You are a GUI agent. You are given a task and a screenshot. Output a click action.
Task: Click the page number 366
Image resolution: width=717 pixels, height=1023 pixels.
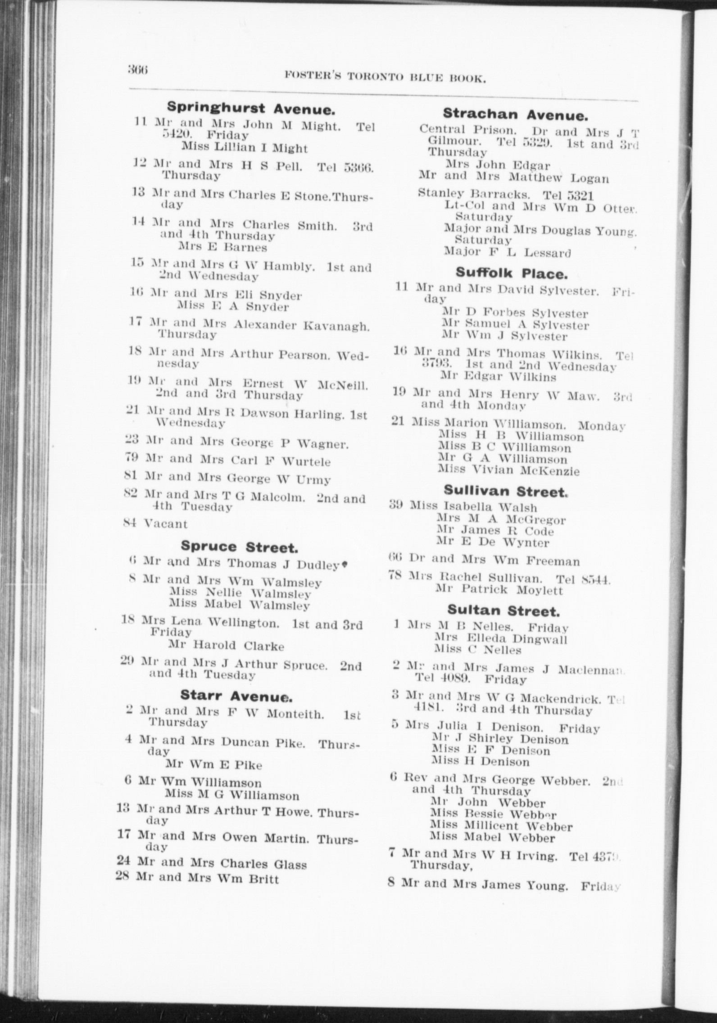pos(138,70)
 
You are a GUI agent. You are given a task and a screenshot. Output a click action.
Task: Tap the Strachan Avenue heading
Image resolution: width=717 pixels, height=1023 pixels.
pos(515,114)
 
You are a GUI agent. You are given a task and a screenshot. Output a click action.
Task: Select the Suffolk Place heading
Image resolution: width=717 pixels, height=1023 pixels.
pos(511,273)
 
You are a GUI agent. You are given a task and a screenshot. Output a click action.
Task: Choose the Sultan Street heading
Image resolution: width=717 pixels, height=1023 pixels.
pos(504,611)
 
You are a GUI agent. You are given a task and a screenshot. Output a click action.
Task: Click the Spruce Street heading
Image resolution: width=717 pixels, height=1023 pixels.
pos(239,547)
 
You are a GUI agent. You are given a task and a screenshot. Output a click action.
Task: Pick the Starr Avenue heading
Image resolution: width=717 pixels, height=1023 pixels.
pos(237,696)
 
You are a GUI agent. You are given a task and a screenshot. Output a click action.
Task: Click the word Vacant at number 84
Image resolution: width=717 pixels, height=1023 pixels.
pos(165,524)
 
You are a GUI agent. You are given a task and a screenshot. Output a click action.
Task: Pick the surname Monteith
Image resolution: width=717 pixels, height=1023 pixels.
pos(295,714)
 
